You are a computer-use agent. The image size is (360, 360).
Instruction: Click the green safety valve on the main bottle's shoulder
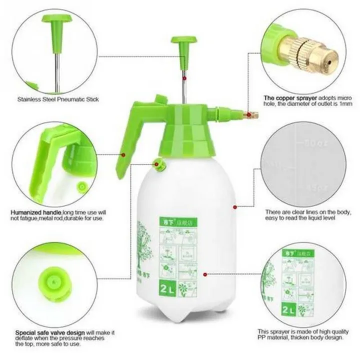click(x=159, y=163)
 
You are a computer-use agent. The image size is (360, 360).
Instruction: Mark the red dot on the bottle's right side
click(x=234, y=206)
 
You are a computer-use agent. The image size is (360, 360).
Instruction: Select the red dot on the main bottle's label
click(x=206, y=274)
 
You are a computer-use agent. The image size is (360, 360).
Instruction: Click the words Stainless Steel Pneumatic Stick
click(x=58, y=99)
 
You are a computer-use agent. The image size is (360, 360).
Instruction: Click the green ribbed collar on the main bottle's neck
click(x=187, y=137)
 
